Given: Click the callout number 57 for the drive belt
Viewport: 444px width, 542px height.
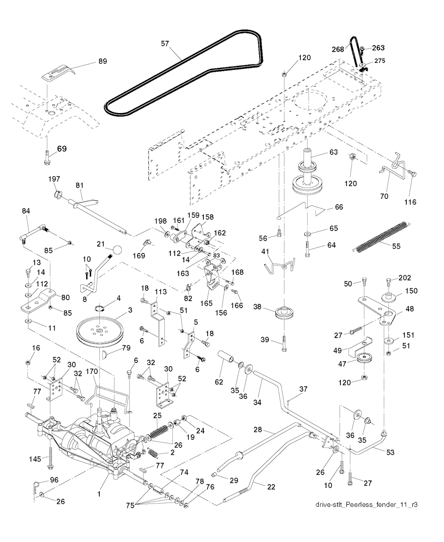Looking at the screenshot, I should [165, 43].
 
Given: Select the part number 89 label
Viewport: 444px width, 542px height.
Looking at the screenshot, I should [102, 62].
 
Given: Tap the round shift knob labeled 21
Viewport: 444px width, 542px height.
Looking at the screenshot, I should [118, 250].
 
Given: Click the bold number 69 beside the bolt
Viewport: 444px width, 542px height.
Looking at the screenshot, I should [62, 149].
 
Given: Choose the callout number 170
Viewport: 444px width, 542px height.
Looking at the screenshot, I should [91, 371].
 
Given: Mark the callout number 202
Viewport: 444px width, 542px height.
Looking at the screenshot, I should [404, 278].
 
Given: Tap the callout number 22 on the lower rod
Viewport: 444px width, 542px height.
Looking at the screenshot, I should [271, 487].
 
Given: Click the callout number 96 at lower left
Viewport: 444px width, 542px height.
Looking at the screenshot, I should [54, 480].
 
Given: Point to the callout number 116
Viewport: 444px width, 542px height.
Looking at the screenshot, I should [410, 202].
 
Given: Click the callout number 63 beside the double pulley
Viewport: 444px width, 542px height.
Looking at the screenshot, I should [333, 152].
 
